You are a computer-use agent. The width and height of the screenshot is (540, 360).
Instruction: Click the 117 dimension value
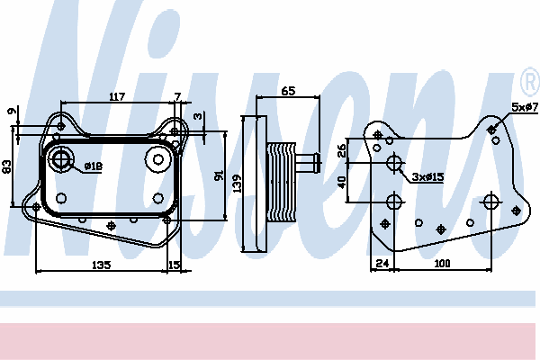(x=117, y=97)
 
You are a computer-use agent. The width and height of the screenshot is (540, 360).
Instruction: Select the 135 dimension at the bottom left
(x=102, y=265)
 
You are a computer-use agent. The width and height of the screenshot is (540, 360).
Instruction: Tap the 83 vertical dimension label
(x=6, y=166)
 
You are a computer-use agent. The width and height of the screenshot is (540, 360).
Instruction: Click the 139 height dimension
(x=237, y=184)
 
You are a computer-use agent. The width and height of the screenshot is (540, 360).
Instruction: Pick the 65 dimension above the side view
(x=288, y=91)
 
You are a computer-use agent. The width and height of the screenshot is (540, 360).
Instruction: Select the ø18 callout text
(x=93, y=166)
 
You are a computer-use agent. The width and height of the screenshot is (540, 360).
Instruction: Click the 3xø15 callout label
(x=428, y=177)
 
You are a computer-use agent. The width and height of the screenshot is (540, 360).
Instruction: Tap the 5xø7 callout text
(x=525, y=107)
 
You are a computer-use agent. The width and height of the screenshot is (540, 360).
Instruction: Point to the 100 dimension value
(x=442, y=264)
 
